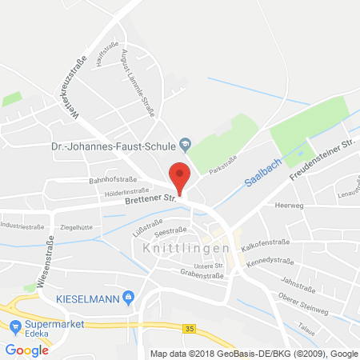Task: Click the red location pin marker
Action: point(181,176)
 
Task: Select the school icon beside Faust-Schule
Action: point(185,144)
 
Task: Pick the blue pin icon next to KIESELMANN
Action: point(128,298)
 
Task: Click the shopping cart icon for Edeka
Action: point(15,325)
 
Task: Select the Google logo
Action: point(24,350)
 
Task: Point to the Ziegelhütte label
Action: point(77,228)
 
